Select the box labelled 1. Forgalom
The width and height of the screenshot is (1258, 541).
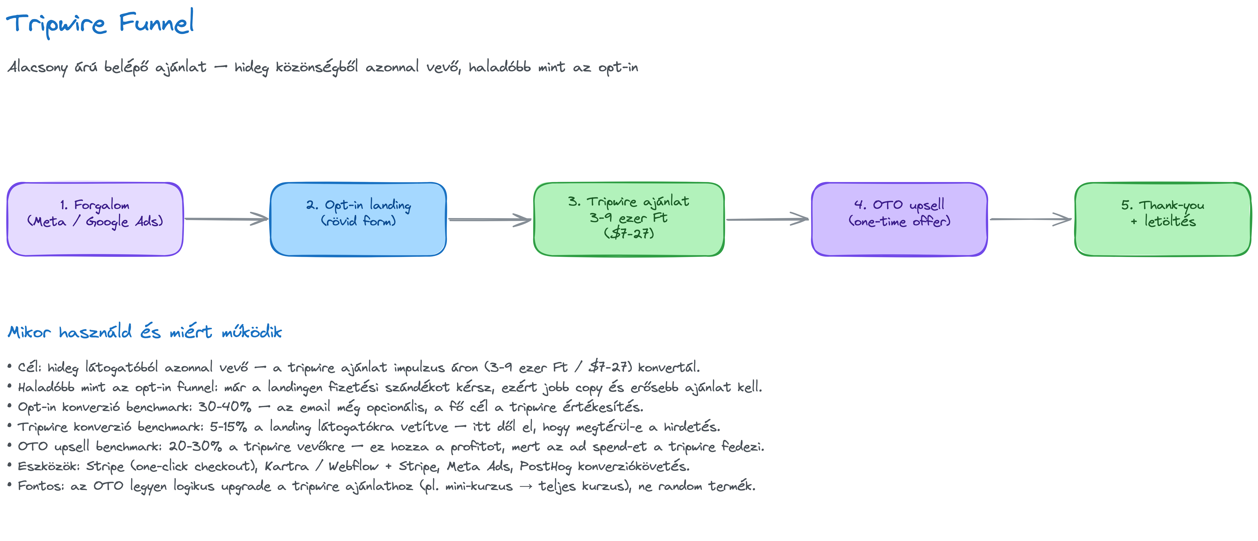click(95, 219)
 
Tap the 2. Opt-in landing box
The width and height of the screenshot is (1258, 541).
click(358, 219)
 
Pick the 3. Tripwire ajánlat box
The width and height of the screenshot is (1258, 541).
click(629, 219)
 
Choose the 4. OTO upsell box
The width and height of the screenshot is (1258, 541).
click(900, 219)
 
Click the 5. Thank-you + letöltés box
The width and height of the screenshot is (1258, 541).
click(1163, 219)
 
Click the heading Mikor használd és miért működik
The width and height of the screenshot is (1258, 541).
click(145, 332)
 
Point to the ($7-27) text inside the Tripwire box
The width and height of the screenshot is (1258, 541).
click(629, 233)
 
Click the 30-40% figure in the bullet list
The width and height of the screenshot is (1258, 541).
click(225, 407)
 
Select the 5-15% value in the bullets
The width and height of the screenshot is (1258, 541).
click(229, 427)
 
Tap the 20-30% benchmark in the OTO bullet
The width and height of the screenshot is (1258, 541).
click(195, 446)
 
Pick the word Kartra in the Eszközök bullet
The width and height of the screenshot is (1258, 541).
click(287, 466)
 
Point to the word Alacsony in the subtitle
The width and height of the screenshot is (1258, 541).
click(38, 67)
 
